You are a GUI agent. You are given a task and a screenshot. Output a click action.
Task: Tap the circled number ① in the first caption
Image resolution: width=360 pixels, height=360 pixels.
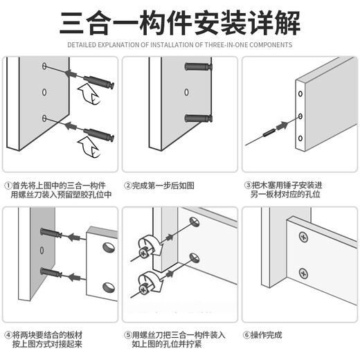click(8, 186)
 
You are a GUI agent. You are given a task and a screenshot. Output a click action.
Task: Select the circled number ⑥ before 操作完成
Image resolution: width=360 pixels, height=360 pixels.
click(246, 335)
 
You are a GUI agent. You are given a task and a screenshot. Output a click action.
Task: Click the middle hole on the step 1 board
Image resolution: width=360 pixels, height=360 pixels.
click(44, 92)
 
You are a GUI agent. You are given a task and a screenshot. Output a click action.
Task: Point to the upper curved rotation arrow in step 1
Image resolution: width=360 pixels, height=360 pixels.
click(89, 94)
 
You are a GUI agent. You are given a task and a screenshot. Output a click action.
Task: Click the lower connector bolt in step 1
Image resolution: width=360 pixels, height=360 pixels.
click(98, 135)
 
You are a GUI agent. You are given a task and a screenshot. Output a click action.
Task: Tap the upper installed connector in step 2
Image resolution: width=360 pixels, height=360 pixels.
click(198, 66)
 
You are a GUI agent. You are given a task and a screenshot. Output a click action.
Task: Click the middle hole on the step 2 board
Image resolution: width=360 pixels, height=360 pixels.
click(186, 92)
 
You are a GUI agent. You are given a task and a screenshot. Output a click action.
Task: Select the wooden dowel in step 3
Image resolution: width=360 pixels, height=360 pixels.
click(268, 133)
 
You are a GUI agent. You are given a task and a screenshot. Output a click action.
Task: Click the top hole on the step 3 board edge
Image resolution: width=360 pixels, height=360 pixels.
click(300, 94)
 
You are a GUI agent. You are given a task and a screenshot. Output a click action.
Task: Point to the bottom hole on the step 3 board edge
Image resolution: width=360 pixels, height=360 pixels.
click(300, 138)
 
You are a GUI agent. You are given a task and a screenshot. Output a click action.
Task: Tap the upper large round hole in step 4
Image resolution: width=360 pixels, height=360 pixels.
click(109, 248)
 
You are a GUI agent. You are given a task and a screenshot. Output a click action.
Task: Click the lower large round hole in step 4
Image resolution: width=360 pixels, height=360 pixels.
click(109, 287)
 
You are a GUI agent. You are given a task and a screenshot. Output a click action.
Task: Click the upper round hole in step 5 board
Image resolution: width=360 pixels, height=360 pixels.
click(195, 222)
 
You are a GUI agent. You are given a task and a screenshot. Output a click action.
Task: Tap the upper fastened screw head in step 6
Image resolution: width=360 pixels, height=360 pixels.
click(303, 237)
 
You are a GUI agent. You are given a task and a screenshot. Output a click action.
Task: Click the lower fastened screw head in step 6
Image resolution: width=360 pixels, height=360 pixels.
click(303, 274)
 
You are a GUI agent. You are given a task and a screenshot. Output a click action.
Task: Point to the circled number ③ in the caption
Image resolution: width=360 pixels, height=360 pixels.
click(248, 185)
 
